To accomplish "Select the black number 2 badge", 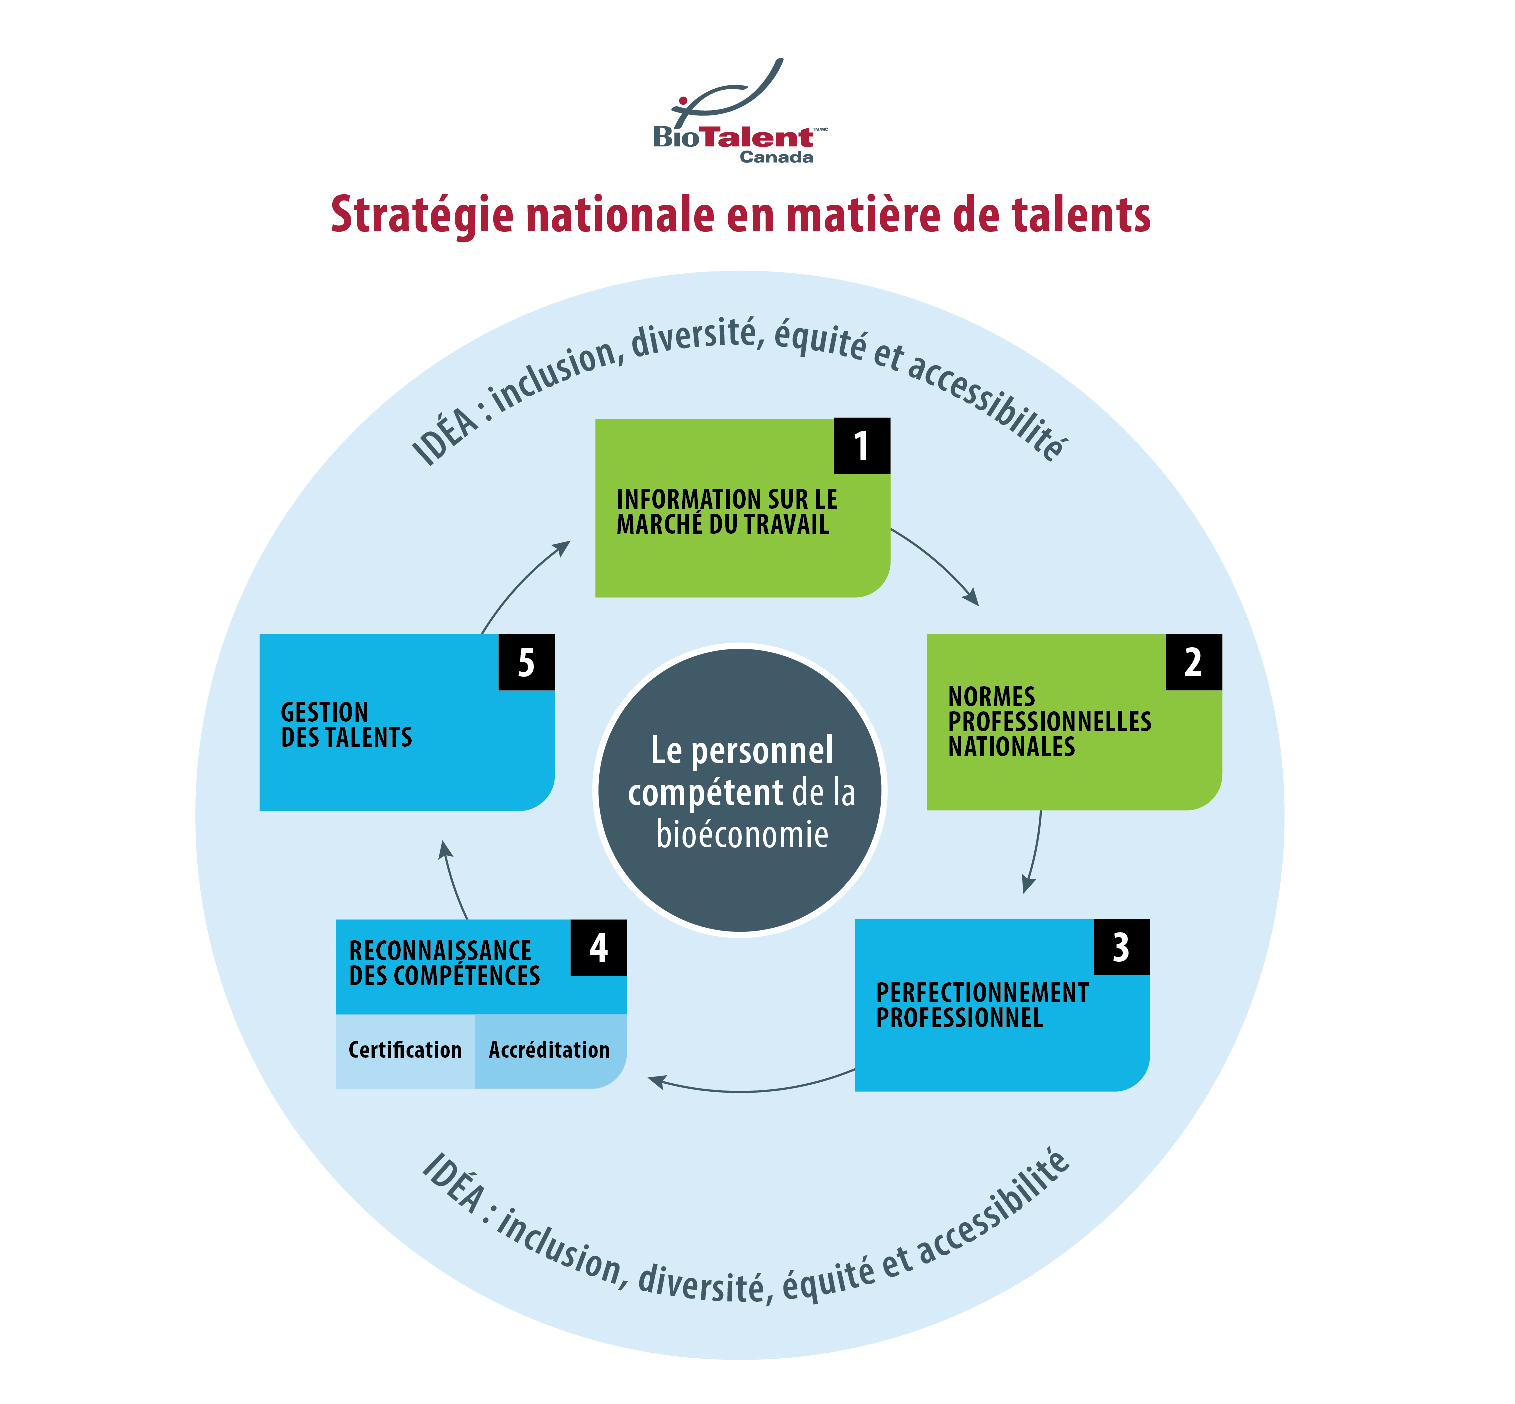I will pos(1193,663).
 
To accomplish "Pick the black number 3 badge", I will pos(1121,947).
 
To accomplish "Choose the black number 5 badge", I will pos(526,663).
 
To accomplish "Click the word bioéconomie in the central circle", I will pos(742,835).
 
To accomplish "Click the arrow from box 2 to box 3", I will pos(1035,851).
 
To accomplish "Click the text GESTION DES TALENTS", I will pos(346,725).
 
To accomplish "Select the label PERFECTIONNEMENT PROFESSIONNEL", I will pos(982,1005).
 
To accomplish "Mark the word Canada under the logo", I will pos(776,157).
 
